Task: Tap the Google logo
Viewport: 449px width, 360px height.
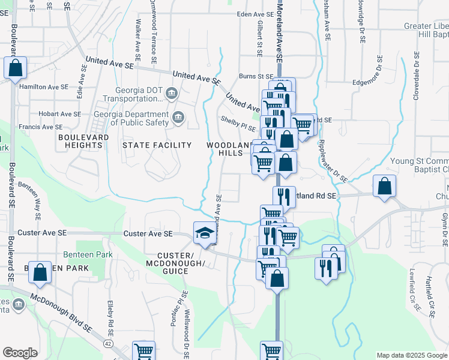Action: (x=20, y=352)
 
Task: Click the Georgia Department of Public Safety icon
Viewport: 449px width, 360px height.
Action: (x=178, y=118)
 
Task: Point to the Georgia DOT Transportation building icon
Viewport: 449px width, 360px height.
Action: (x=171, y=94)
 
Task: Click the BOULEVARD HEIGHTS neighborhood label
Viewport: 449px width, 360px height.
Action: (x=80, y=141)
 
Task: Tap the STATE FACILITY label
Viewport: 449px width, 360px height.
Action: (x=157, y=145)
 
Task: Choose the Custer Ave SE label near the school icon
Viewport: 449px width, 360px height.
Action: (x=148, y=233)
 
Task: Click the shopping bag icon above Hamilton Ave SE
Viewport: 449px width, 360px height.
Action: (x=16, y=68)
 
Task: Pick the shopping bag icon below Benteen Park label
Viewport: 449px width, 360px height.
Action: (x=40, y=272)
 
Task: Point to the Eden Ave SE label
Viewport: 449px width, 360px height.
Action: (x=259, y=14)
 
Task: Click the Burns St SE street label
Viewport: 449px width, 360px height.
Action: (x=256, y=76)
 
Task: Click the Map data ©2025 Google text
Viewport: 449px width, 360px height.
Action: (x=411, y=355)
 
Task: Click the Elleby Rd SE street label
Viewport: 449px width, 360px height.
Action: (x=111, y=318)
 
